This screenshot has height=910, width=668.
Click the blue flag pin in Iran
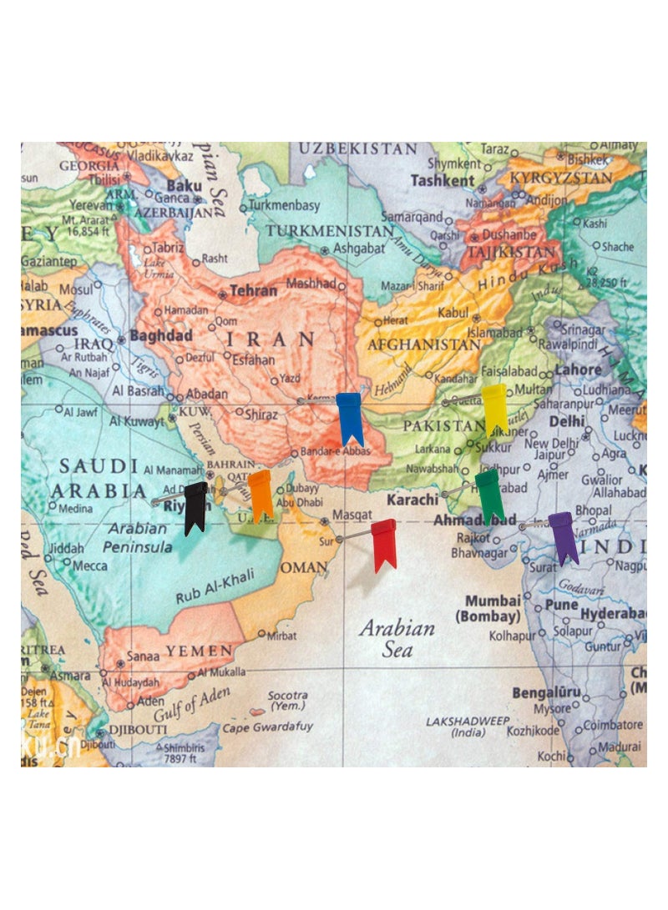[349, 416]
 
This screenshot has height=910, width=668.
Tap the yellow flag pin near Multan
[494, 408]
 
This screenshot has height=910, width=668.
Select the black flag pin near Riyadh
[195, 506]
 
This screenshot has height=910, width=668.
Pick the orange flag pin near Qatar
[261, 492]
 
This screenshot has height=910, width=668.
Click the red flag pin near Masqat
[383, 542]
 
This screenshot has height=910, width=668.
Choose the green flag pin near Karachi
[488, 493]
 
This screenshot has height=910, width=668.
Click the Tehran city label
[253, 291]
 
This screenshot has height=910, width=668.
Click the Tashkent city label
[442, 180]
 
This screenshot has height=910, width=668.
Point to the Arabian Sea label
[397, 638]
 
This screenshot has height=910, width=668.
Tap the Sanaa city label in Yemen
[143, 656]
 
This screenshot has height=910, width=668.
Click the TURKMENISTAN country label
[330, 230]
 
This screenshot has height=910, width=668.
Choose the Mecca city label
[89, 566]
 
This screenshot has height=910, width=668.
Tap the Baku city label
[185, 185]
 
